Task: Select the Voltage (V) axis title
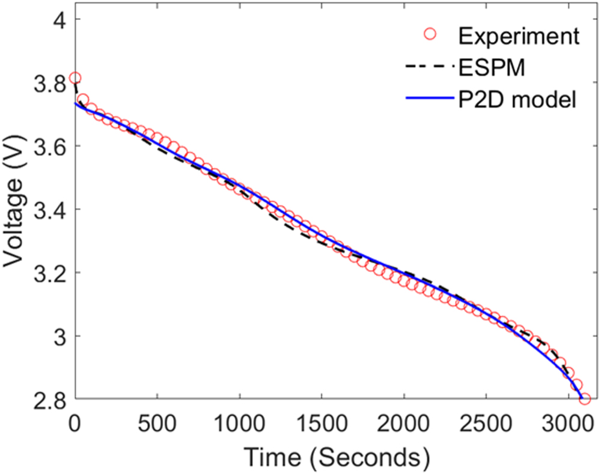14,209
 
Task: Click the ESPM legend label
492,68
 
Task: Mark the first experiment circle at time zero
75,78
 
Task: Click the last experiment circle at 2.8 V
585,399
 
